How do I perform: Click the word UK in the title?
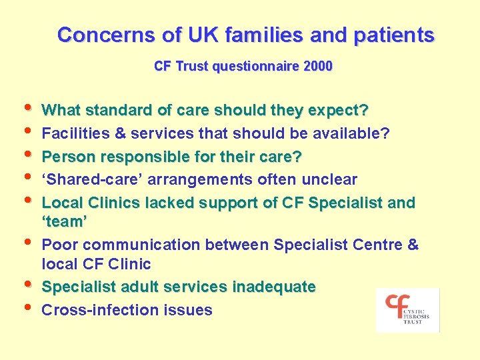click(203, 34)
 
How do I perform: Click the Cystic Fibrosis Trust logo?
click(407, 310)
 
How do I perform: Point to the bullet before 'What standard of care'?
click(28, 107)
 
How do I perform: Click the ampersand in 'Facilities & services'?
click(120, 133)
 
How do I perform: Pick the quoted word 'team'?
click(65, 221)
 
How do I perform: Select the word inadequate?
click(274, 287)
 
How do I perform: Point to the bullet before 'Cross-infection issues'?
click(28, 307)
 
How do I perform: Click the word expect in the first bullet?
click(334, 111)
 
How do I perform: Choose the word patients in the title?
click(394, 35)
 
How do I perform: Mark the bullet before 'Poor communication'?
click(28, 241)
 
